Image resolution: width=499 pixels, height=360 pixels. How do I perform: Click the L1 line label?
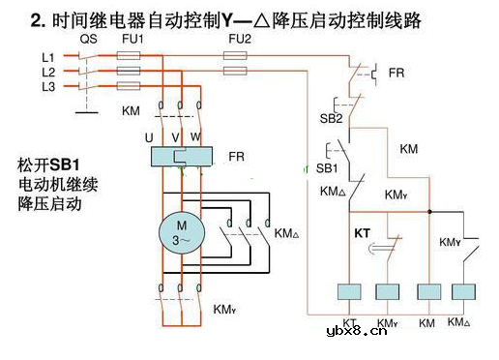tap(47, 57)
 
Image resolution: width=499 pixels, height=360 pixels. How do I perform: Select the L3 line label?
tap(47, 86)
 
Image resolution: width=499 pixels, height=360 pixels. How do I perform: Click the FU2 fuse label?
tap(238, 40)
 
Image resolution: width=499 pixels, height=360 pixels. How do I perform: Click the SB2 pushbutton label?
tap(333, 118)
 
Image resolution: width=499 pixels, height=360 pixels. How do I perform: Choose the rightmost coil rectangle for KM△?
tap(460, 293)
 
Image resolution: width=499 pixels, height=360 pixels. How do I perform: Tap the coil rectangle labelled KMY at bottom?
tap(388, 293)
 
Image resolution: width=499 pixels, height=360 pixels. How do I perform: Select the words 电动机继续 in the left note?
tap(58, 184)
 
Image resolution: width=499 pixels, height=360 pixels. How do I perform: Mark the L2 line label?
tap(47, 72)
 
